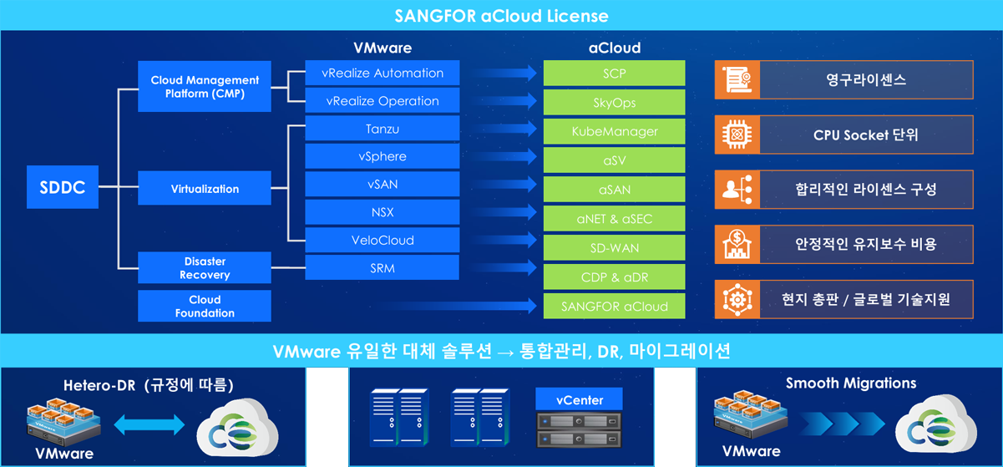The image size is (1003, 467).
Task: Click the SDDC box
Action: (x=63, y=188)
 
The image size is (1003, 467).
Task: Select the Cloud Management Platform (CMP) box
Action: (x=205, y=87)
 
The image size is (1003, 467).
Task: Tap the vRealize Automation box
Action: (x=382, y=74)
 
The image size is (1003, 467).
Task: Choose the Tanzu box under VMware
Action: (x=382, y=129)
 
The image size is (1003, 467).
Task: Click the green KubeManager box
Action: (x=615, y=131)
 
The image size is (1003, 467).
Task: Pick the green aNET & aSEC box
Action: (x=615, y=219)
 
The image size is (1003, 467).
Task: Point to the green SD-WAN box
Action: (x=615, y=248)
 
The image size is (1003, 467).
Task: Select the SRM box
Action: (x=382, y=268)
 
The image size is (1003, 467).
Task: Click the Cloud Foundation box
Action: (x=205, y=306)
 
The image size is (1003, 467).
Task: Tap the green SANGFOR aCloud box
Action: (x=615, y=306)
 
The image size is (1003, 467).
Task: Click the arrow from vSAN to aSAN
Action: (x=502, y=185)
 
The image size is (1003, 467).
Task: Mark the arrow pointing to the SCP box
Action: (x=502, y=74)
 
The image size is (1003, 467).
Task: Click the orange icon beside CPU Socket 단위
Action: (x=737, y=135)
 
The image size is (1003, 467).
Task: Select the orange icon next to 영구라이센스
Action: (x=737, y=80)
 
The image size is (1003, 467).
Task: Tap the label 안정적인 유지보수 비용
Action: (x=865, y=244)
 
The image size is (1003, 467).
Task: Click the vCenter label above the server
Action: (x=580, y=399)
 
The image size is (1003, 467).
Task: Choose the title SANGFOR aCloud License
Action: (x=501, y=16)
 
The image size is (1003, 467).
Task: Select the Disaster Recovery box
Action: (x=205, y=268)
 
